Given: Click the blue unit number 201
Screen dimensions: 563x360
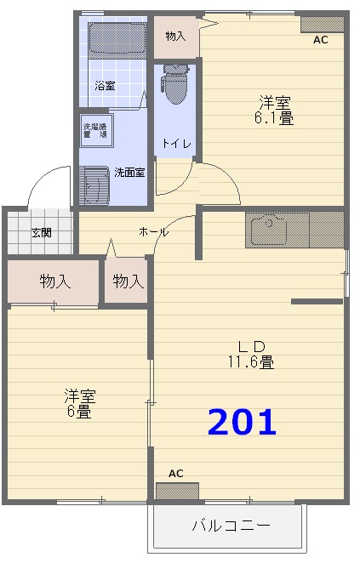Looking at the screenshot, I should point(243,422).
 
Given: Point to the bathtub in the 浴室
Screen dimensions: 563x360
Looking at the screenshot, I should point(117,41).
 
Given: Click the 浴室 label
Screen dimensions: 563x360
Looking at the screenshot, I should point(105,86).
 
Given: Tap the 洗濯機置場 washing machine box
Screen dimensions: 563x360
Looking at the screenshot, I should point(94,131).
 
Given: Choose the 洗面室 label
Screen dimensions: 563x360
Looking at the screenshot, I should point(129,173).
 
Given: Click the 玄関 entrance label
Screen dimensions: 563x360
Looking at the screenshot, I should point(41,232).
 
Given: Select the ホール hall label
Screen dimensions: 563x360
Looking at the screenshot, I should point(153,232).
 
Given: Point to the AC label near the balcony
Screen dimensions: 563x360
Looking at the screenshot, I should point(176,473).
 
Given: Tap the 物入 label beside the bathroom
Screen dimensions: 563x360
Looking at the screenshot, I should point(175,37).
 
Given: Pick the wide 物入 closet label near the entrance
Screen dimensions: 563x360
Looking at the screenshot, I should point(54,281).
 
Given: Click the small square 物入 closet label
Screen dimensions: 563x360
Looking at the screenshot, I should point(128,281).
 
